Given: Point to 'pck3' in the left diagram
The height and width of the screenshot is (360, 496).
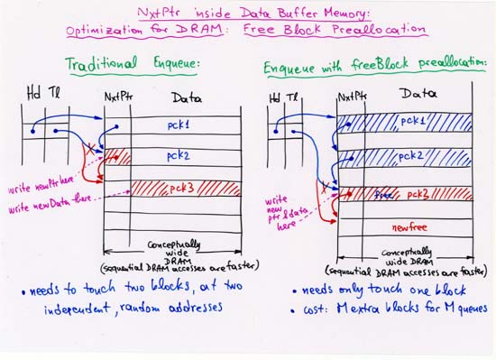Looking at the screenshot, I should click(x=180, y=189).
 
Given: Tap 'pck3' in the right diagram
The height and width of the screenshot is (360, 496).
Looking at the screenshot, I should click(x=418, y=194).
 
